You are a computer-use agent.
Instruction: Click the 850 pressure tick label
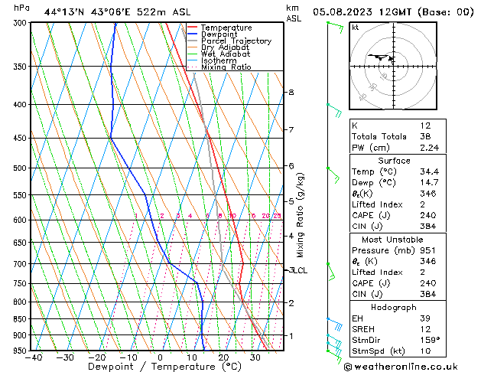pyautogui.click(x=20, y=319)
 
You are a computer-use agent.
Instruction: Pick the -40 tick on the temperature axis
pyautogui.click(x=33, y=357)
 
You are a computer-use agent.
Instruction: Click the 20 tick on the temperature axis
pyautogui.click(x=223, y=357)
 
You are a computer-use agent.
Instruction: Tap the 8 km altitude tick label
pyautogui.click(x=291, y=93)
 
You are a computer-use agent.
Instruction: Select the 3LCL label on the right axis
pyautogui.click(x=297, y=270)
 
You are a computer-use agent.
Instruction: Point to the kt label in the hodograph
pyautogui.click(x=355, y=27)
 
